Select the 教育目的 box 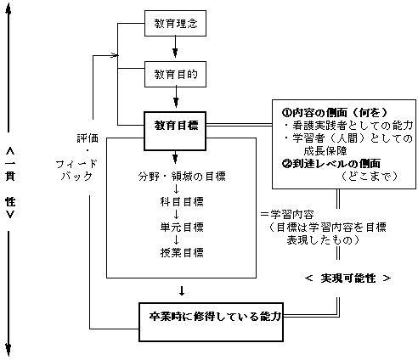[176, 75]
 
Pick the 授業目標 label [176, 252]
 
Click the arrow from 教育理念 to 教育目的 [176, 50]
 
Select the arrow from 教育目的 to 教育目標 [176, 99]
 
